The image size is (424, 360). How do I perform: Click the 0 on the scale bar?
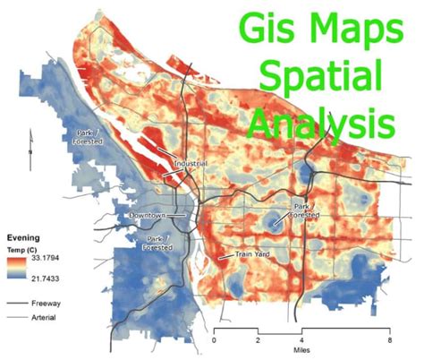point(215,340)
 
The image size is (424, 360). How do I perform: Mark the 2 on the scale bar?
point(259,340)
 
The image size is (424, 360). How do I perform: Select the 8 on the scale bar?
point(390,340)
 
